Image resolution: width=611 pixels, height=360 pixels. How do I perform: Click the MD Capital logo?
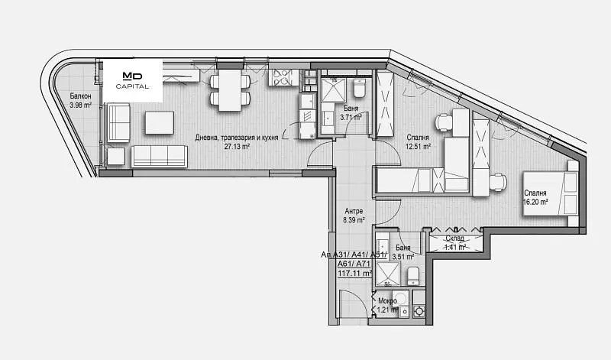(132, 80)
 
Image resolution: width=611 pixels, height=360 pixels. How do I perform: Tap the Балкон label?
(81, 96)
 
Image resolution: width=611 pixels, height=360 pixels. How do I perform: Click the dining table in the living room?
(230, 90)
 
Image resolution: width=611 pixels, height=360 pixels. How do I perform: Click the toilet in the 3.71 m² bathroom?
(359, 89)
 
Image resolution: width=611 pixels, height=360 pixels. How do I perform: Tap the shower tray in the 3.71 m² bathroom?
(334, 90)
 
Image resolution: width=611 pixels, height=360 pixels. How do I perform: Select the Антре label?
(354, 211)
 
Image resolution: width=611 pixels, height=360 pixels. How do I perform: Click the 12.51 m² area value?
(418, 147)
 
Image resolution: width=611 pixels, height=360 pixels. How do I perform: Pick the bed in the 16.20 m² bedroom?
(550, 193)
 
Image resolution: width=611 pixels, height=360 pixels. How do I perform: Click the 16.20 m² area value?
(535, 202)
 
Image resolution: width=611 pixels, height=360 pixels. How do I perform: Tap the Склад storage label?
(454, 238)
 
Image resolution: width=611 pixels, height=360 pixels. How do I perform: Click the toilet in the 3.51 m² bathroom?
(413, 276)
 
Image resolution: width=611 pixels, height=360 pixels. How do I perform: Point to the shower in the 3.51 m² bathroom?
(387, 274)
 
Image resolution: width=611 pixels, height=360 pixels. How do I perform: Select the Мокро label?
(388, 301)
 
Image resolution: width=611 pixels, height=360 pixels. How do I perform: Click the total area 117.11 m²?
(354, 273)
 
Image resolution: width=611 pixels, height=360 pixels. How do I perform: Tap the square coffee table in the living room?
(160, 122)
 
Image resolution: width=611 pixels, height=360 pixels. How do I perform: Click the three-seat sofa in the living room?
(159, 157)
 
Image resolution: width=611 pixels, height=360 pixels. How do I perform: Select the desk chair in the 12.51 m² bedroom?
(444, 122)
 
